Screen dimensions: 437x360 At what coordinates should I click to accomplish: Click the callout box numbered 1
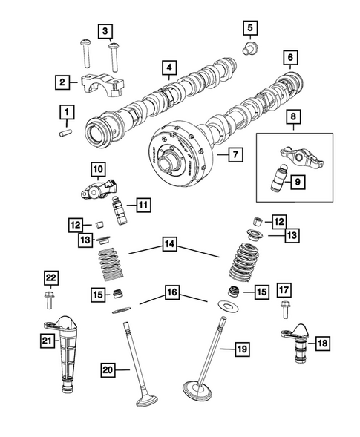(x=66, y=113)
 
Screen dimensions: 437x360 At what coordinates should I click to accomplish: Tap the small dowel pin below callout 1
(x=66, y=133)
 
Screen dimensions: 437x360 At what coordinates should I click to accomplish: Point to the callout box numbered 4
(x=170, y=70)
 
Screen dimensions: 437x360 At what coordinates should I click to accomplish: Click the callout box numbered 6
(x=288, y=58)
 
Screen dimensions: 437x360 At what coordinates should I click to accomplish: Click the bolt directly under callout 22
(x=50, y=301)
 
